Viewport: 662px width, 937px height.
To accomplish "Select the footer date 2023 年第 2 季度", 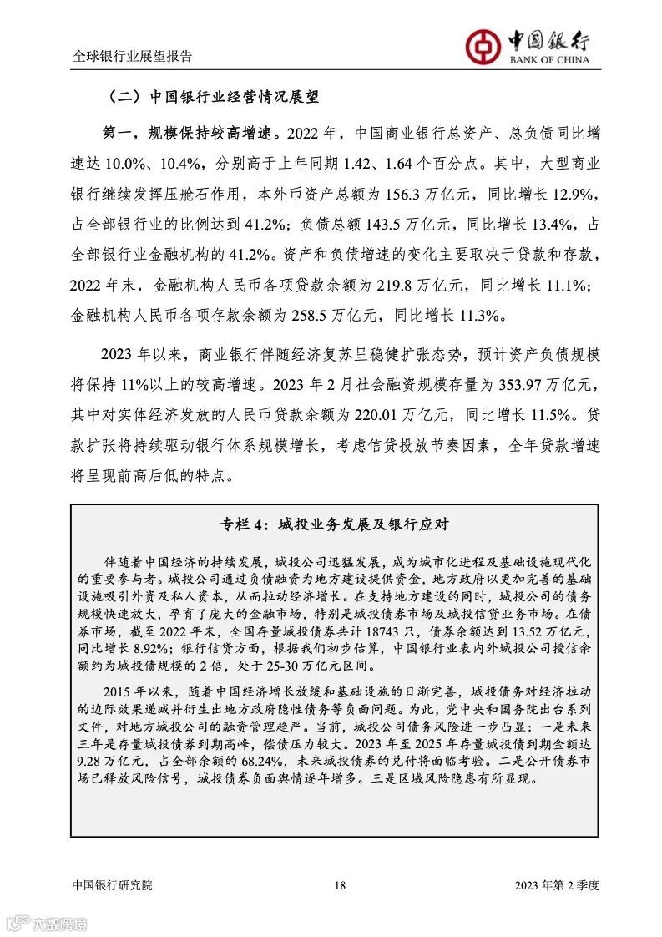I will click(557, 885).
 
